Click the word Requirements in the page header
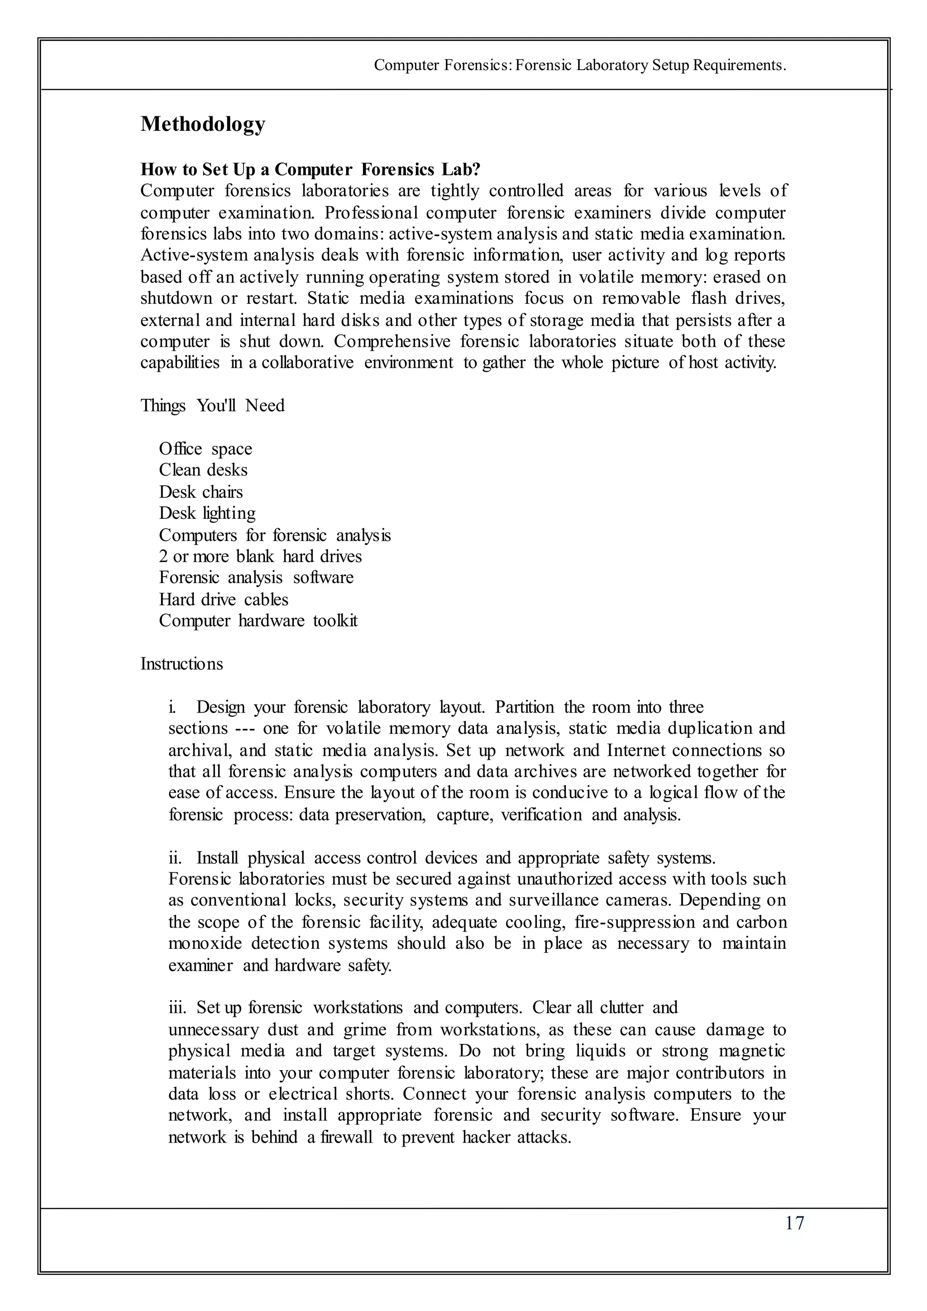coord(739,66)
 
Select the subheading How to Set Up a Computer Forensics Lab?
coord(311,170)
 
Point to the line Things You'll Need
coord(212,406)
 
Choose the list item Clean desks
coord(203,470)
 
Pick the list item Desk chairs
coord(201,492)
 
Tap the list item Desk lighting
coord(207,513)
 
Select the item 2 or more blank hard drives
coord(260,557)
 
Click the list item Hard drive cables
coord(223,599)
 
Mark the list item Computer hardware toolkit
coord(258,621)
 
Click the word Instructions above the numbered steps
coord(182,664)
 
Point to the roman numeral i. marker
coord(172,708)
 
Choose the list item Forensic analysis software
coord(256,578)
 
